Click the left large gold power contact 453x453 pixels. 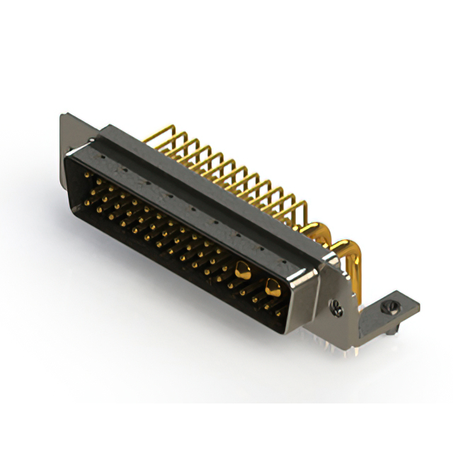click(243, 269)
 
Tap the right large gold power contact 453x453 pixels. click(272, 285)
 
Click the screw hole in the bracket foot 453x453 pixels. click(386, 308)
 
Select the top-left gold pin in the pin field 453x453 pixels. click(87, 173)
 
